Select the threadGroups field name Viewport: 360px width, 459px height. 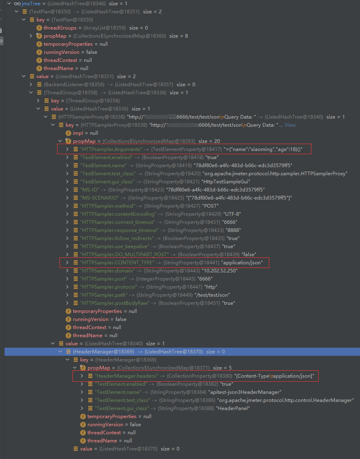(60, 28)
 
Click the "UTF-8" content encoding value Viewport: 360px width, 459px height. (233, 214)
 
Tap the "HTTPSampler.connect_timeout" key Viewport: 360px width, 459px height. (117, 222)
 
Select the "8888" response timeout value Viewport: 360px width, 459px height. (229, 230)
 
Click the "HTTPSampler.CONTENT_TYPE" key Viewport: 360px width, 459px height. (117, 263)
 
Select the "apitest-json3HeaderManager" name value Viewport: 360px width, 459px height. (245, 392)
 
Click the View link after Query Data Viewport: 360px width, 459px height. (290, 125)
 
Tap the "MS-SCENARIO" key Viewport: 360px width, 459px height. (100, 198)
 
